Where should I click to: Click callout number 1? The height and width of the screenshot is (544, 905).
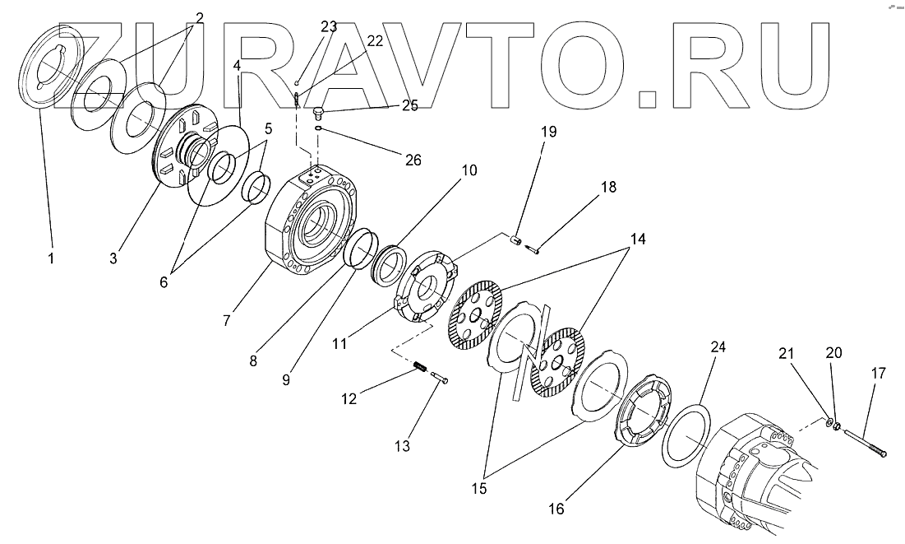coord(51,258)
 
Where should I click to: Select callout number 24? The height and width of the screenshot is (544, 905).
coord(718,348)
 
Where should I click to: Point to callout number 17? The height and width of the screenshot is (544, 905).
coord(879,373)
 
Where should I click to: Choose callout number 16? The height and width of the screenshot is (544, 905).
coord(556,509)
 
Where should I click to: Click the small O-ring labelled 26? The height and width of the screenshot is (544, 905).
coord(318,129)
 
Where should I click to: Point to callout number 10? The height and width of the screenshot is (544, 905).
coord(469,170)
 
